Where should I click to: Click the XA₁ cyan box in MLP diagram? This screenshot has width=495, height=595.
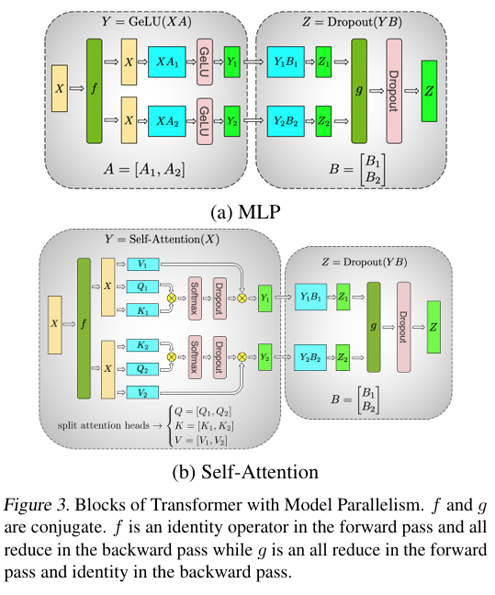coord(167,62)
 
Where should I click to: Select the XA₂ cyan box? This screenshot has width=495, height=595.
coord(167,121)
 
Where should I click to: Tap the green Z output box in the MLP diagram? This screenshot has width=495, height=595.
coord(429,91)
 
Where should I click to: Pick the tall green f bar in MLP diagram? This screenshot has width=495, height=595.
coord(95,91)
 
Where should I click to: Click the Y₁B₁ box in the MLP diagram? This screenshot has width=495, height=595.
coord(286,62)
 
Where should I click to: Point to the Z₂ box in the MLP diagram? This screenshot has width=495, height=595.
coord(323,121)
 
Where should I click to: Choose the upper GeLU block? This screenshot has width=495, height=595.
coord(204,62)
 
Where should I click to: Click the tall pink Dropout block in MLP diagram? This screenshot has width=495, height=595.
coord(394,91)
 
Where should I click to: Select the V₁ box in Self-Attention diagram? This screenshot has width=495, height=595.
coord(142,264)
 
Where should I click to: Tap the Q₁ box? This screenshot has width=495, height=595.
coord(142,286)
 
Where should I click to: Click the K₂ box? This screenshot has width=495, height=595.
coord(142,345)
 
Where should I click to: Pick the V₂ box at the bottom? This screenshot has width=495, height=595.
coord(142,392)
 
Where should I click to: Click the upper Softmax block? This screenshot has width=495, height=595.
coord(195,298)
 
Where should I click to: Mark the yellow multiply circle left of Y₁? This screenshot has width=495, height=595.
coord(242,298)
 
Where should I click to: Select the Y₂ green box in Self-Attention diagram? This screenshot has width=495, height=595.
coord(265,357)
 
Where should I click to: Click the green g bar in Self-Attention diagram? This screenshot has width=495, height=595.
coord(374,327)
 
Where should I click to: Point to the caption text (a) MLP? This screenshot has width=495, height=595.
coord(245,212)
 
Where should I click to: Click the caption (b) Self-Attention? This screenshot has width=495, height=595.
coord(245,472)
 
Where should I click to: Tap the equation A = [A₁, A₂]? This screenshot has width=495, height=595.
coord(144,169)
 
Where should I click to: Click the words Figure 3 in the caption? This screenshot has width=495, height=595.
coord(37,505)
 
